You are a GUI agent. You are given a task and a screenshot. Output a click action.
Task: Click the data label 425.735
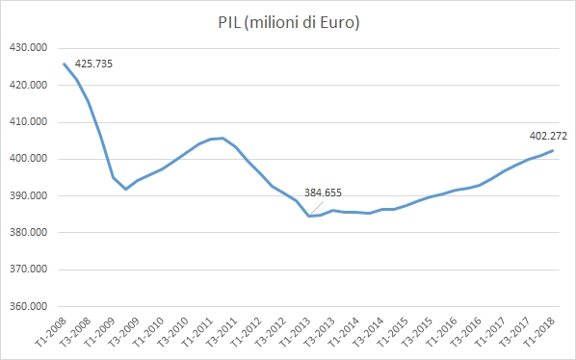coord(94,65)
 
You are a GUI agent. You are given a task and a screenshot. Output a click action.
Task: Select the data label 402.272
coord(548,136)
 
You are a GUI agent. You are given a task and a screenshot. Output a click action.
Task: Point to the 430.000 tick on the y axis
coord(30,48)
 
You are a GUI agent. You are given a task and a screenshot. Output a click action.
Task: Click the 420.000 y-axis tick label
coord(30,85)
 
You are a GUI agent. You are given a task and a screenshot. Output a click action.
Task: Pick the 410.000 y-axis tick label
coord(30,122)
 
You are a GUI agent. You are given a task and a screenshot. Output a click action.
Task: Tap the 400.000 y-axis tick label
coord(30,159)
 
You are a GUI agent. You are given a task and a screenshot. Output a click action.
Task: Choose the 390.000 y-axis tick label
coord(30,196)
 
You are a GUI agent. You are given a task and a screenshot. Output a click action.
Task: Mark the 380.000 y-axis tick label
coord(30,233)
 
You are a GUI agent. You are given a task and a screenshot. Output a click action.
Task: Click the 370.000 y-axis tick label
coord(30,270)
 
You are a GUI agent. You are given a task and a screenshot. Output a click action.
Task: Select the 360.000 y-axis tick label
coord(30,307)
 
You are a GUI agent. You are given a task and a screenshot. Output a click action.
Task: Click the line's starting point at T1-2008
coord(65,64)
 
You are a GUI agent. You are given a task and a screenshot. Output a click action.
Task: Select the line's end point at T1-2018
coord(553,150)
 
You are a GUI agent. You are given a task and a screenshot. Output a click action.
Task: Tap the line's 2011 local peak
coord(223,138)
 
